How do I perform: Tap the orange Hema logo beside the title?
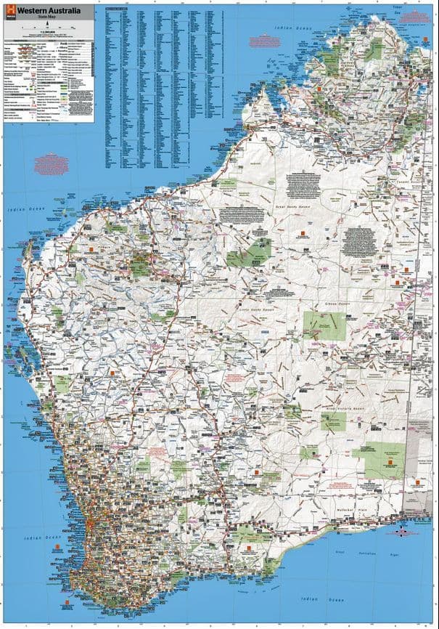tap(9, 12)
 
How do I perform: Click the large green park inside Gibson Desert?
tap(323, 325)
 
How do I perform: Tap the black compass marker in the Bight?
tap(401, 532)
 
